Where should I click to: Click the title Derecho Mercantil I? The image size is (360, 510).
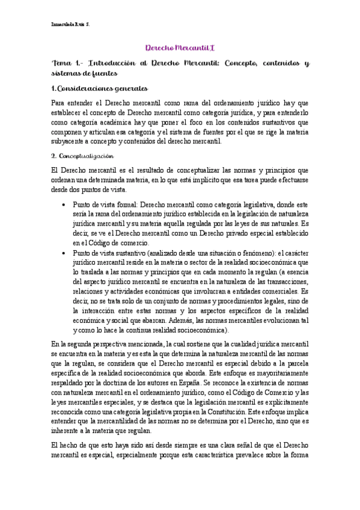180,47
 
